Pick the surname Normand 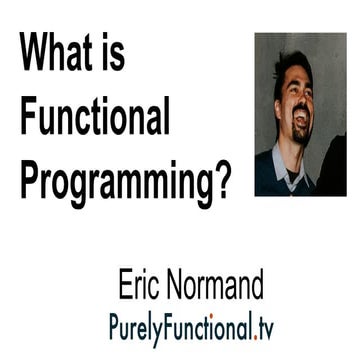214,285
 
